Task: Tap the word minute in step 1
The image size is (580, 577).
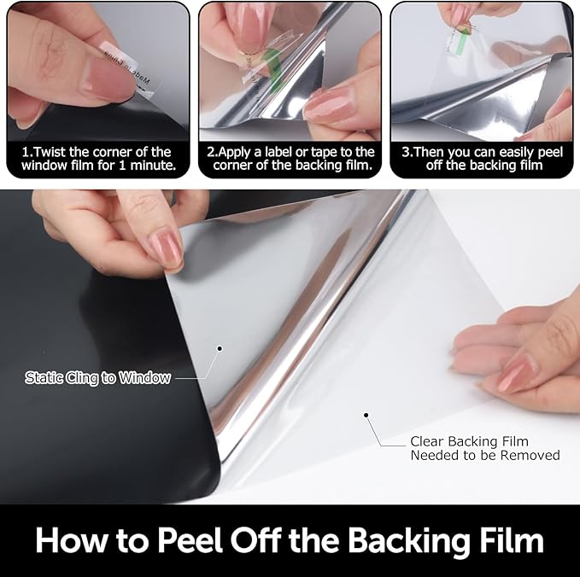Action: click(x=152, y=165)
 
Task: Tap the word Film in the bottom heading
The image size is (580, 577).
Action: click(x=511, y=540)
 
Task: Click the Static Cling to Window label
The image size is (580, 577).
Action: click(x=97, y=378)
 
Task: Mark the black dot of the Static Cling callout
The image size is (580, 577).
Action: click(x=220, y=348)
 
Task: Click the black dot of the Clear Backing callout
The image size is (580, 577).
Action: click(x=366, y=415)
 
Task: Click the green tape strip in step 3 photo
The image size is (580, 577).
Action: click(x=461, y=44)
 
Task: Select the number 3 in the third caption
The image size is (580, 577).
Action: click(x=406, y=152)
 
